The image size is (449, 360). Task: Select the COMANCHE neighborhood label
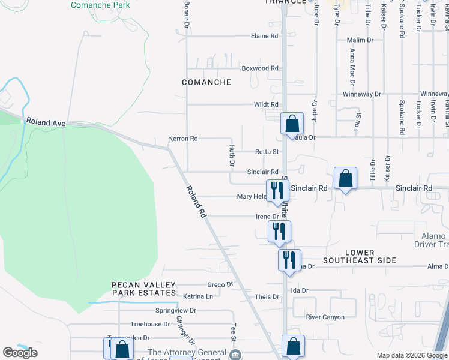click(x=206, y=82)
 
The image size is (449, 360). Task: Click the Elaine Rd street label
click(x=265, y=36)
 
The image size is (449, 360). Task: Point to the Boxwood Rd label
click(x=260, y=68)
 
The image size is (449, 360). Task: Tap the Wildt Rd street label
click(x=266, y=104)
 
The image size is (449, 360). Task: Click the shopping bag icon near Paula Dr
click(x=292, y=124)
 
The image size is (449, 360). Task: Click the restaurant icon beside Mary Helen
click(x=277, y=191)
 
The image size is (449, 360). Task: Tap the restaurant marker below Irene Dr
click(x=279, y=231)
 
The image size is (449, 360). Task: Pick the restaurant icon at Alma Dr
click(x=289, y=260)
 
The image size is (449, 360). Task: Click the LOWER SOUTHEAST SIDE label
click(x=360, y=256)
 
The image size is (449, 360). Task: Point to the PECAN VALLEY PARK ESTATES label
click(x=143, y=289)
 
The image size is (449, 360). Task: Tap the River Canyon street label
click(x=325, y=317)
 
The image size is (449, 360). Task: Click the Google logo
click(x=20, y=353)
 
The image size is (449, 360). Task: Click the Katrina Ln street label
click(x=198, y=296)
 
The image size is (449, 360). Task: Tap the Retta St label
click(x=268, y=152)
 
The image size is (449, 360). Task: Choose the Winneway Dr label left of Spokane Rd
click(x=361, y=94)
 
